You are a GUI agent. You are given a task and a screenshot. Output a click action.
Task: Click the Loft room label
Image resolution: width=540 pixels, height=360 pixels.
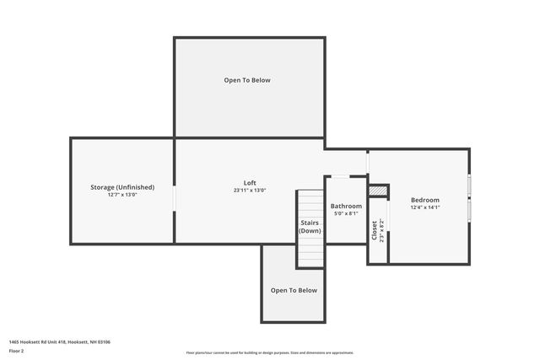point(250,183)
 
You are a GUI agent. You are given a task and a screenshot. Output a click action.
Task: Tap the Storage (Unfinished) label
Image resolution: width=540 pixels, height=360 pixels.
point(122,186)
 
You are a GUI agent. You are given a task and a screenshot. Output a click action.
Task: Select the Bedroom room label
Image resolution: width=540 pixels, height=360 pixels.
point(424,200)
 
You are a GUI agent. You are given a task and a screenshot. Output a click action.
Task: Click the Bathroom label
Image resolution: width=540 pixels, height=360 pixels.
point(346,206)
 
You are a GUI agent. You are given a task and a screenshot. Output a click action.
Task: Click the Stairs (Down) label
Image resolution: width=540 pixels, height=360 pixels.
point(310,226)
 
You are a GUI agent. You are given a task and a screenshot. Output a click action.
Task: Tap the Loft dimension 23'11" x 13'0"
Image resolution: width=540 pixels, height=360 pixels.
point(250,191)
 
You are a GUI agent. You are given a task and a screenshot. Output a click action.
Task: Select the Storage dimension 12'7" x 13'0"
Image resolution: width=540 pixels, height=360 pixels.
point(122,194)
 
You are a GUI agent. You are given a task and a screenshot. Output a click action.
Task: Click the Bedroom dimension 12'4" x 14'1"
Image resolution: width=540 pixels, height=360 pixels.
point(424,207)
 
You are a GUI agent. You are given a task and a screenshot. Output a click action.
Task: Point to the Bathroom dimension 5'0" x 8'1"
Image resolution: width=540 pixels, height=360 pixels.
point(346,213)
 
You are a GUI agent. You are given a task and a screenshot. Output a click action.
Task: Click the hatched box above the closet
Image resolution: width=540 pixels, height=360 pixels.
point(378,191)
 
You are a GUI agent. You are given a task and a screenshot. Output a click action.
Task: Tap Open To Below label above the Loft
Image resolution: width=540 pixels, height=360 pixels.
point(247,80)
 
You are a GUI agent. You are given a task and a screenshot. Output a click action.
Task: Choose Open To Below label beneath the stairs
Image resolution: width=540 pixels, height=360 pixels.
point(294,290)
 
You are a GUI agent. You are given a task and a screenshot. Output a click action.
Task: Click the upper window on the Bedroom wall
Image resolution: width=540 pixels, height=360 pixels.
point(469,185)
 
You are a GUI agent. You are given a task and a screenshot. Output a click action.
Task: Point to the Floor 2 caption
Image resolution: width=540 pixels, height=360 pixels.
point(17,350)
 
